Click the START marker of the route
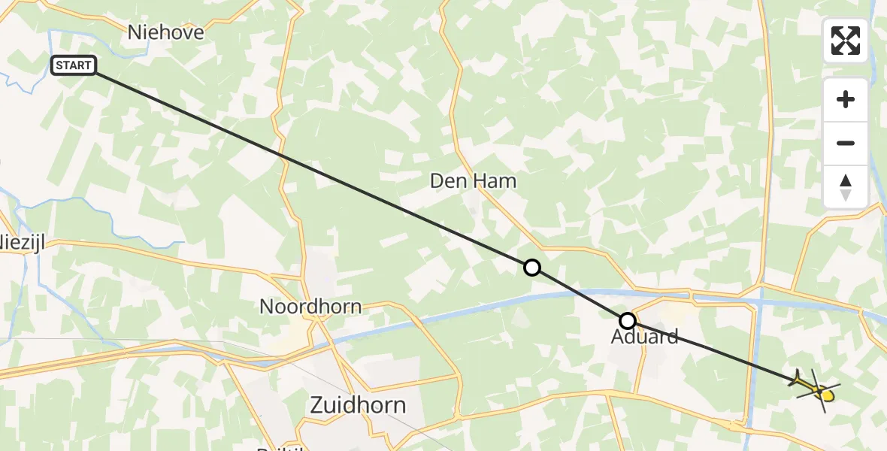coord(74,65)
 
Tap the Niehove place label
coord(165,32)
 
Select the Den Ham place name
coord(473,180)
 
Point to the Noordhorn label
coord(310,307)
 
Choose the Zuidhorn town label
coord(358,406)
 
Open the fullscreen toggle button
coord(846,41)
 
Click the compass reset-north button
coord(846,187)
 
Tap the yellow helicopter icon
coord(816,389)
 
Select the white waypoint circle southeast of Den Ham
coord(531,268)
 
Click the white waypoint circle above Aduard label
coord(627,321)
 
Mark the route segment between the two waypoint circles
coord(579,294)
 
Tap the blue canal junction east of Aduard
coord(761,295)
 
